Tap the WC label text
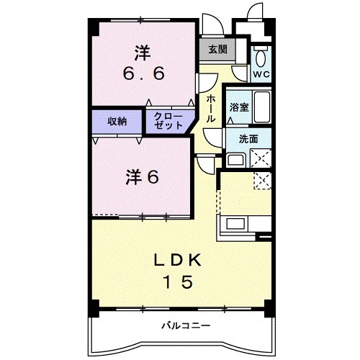[x=260, y=73]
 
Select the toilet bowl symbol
[x=260, y=57]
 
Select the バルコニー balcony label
[x=186, y=325]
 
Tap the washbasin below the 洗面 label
[x=236, y=159]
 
